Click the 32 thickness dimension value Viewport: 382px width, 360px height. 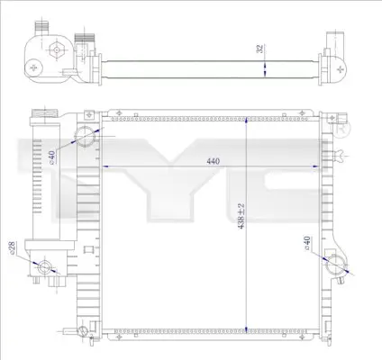(x=260, y=49)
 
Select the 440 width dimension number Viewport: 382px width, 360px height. (x=214, y=161)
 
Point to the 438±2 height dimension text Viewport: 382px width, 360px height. (x=241, y=216)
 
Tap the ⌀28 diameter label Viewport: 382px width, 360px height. (x=13, y=247)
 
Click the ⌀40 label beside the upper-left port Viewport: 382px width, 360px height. (x=52, y=157)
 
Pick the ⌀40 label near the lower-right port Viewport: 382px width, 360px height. (x=307, y=243)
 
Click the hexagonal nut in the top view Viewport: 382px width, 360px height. (x=56, y=49)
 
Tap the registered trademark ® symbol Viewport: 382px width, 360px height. (x=341, y=130)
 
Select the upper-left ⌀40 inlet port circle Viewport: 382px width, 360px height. (x=85, y=137)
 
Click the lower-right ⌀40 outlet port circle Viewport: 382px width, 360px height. (x=335, y=265)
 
